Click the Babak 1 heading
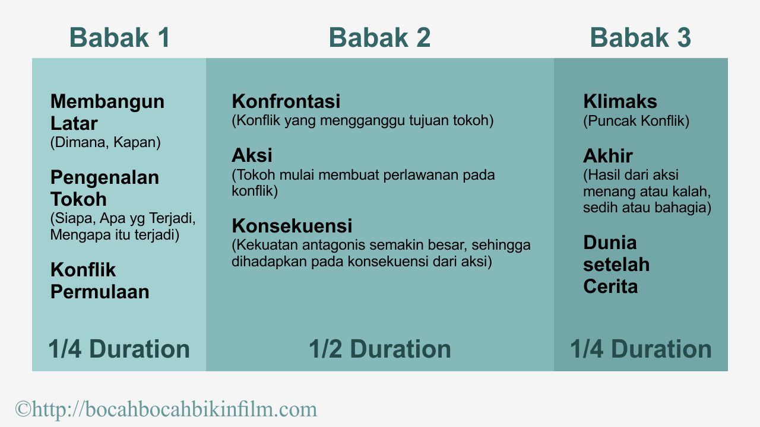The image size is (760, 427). [x=119, y=38]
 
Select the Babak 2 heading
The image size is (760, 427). [x=379, y=38]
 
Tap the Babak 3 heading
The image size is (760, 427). [x=640, y=38]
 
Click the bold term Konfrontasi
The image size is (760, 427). [x=286, y=101]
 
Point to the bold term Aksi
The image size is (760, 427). [x=252, y=156]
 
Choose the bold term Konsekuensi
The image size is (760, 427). [x=292, y=226]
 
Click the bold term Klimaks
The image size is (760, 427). [x=620, y=101]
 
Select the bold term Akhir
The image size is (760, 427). [x=607, y=156]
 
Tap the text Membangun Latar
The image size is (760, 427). [x=107, y=113]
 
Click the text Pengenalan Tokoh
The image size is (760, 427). [x=104, y=188]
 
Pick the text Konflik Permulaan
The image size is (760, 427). [x=99, y=281]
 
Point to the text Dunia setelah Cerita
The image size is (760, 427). [x=616, y=265]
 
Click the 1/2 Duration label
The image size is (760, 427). [x=379, y=349]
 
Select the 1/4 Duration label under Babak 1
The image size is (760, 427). [x=119, y=349]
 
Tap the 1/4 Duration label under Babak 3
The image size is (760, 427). [x=641, y=349]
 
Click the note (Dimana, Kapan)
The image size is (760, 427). [x=105, y=143]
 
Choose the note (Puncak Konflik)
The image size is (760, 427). [x=636, y=121]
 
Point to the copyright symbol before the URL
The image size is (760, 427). [x=23, y=409]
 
